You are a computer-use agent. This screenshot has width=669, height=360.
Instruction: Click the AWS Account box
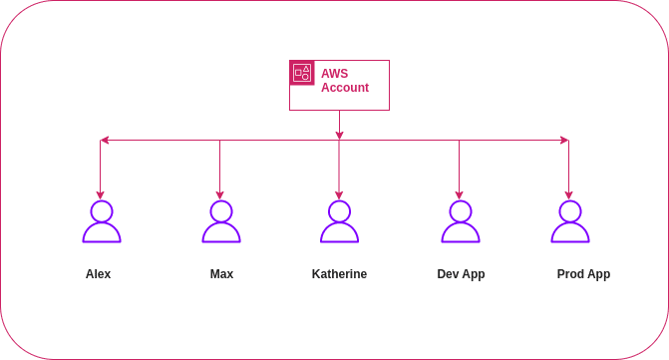(339, 85)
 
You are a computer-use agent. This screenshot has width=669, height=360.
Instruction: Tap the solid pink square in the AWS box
(301, 73)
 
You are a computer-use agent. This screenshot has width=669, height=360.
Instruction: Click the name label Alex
(99, 274)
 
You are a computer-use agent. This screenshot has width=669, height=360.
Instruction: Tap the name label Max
(221, 274)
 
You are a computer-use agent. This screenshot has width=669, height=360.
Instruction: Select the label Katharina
(339, 274)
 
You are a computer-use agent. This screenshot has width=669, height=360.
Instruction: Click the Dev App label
(460, 274)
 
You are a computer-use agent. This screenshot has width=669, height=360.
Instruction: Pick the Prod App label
(583, 274)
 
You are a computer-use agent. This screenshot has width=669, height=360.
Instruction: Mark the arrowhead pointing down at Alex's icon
(101, 193)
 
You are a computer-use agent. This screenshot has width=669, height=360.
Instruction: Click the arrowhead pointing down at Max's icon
(220, 193)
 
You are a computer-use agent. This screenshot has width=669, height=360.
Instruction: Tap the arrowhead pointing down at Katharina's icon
(339, 193)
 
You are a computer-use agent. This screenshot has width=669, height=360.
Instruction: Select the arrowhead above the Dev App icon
(459, 193)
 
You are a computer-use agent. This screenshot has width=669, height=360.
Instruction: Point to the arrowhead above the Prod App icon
(569, 193)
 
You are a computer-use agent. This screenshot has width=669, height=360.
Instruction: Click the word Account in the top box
(345, 88)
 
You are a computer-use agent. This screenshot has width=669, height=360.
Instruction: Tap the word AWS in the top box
(332, 73)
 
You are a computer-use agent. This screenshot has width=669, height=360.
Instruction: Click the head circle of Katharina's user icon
(339, 210)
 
